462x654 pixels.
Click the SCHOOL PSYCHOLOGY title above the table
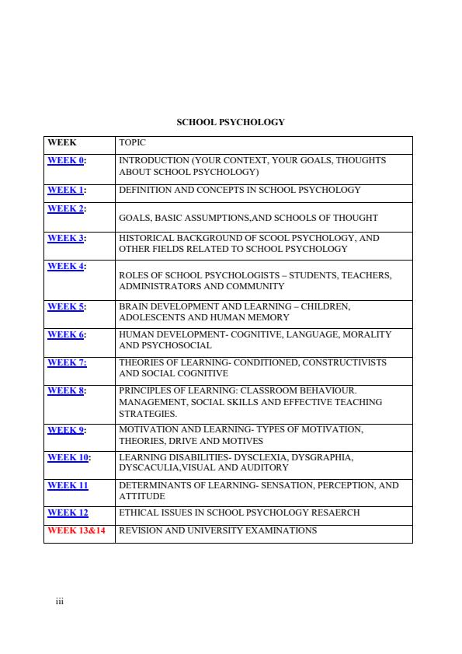tap(231, 122)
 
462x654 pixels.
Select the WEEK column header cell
tap(61, 143)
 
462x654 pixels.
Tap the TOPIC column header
tap(132, 143)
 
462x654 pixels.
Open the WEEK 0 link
tap(66, 160)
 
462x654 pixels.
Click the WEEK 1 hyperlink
tap(66, 190)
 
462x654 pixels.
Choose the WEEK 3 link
tap(66, 238)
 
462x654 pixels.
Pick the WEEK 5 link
tap(66, 306)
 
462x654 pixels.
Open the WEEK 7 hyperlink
tap(66, 362)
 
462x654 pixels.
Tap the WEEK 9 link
tap(66, 429)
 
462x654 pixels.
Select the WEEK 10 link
tap(68, 457)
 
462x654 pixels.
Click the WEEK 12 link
tap(68, 512)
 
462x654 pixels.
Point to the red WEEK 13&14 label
tap(77, 530)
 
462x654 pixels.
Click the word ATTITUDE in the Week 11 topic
tap(141, 496)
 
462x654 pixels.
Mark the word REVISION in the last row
tap(142, 530)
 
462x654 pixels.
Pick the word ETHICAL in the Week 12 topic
tap(137, 512)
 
